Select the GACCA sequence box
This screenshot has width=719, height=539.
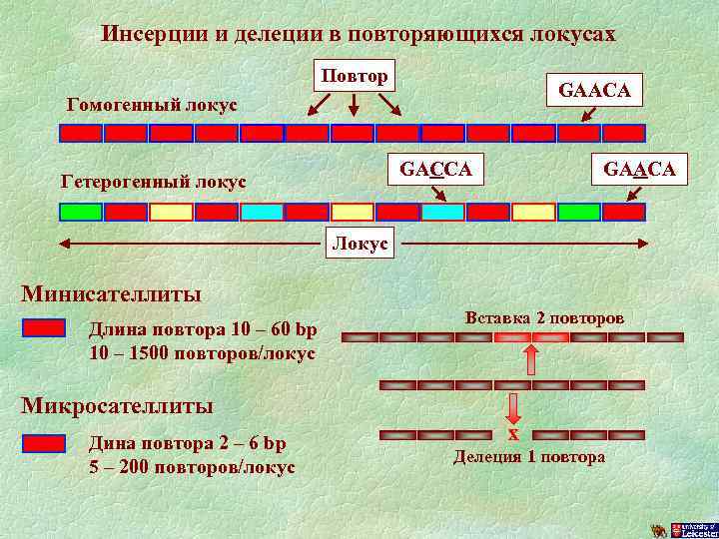pos(435,169)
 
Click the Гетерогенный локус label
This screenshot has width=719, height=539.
pos(154,183)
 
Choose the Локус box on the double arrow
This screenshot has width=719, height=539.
pos(360,244)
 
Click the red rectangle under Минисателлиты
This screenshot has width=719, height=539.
pos(44,328)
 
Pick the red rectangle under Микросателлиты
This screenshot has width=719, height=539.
pos(44,443)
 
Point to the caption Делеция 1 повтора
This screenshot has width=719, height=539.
pos(529,457)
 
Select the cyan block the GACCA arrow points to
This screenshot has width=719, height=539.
pos(442,212)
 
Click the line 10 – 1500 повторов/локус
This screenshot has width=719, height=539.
pos(202,353)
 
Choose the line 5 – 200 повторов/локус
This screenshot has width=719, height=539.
pos(191,466)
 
